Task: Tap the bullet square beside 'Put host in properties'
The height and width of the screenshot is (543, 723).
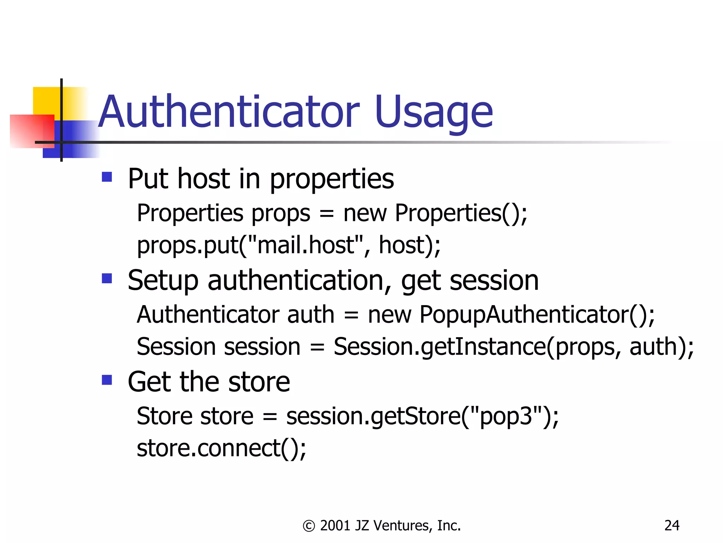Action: [107, 177]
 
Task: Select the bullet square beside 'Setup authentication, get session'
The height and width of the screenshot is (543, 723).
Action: [107, 279]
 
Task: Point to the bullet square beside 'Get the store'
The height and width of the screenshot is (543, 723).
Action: [107, 380]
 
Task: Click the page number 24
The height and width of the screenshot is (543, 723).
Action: [671, 526]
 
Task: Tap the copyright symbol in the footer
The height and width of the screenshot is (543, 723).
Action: [309, 526]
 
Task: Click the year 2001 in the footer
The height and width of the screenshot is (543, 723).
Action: [335, 526]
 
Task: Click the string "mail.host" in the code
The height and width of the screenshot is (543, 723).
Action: [306, 245]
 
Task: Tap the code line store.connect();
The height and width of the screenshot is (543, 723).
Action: [221, 448]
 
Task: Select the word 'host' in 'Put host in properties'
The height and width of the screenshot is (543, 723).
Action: [204, 179]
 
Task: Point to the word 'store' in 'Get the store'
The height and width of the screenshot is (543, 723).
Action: [259, 382]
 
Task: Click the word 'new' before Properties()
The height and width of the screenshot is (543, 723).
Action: [365, 213]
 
